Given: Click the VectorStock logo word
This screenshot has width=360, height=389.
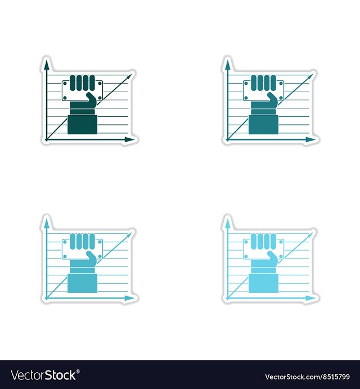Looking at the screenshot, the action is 43,375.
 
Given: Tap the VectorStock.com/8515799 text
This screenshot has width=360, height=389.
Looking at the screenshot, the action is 307,377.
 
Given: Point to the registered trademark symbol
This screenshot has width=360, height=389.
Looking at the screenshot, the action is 78,372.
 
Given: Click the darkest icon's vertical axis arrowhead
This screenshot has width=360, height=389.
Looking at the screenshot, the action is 46,65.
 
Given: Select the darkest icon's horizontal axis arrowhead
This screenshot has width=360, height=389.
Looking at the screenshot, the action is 129,139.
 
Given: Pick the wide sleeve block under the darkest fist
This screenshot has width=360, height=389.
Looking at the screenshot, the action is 83,125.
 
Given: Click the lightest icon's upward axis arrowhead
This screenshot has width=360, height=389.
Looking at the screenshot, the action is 227,224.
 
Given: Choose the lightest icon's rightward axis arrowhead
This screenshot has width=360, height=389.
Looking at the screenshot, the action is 310,298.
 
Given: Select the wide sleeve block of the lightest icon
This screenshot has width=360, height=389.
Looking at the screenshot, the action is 263,283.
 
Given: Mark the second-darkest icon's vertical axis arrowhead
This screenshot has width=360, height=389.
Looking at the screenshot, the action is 227,65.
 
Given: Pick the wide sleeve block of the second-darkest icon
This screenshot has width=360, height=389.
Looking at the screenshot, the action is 263,125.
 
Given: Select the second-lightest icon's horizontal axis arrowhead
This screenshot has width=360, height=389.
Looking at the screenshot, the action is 129,298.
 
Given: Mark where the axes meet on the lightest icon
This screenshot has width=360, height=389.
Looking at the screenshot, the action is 227,298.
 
